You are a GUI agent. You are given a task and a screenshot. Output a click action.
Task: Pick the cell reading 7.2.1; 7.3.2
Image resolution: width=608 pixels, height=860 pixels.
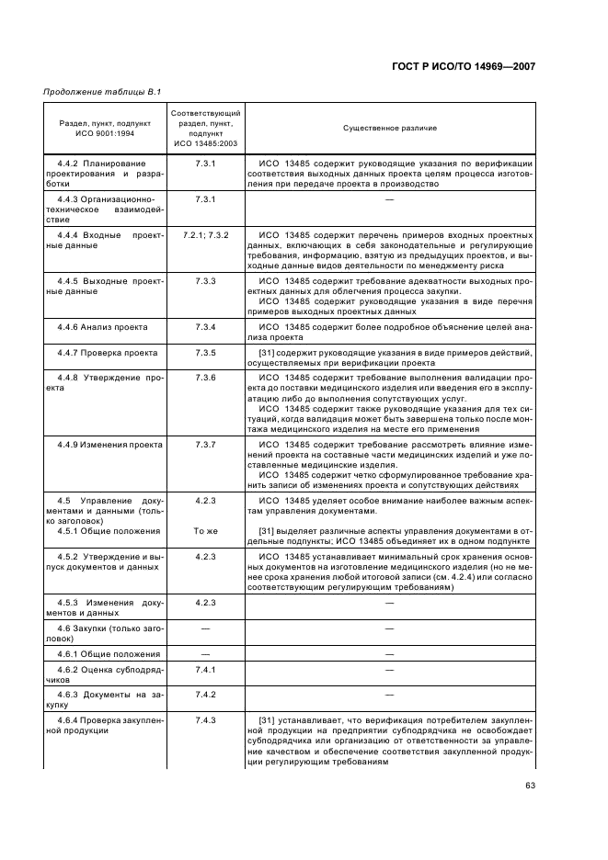click(205, 234)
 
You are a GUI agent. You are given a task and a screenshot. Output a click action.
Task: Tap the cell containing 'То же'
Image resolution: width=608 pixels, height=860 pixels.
click(205, 532)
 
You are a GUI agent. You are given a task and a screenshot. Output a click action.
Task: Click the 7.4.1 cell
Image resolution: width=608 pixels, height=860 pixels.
click(205, 670)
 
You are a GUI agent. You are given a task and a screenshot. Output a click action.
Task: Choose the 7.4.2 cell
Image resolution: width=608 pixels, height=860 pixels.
click(205, 695)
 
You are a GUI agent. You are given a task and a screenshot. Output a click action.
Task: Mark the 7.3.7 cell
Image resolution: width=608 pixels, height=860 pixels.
click(205, 444)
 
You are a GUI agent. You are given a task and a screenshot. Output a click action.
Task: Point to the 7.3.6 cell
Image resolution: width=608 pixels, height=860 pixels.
click(205, 377)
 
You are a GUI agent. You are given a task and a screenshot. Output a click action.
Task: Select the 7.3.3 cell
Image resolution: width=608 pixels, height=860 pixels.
click(205, 279)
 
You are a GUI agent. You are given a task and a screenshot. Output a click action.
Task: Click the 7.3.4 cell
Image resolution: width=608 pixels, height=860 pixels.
click(205, 327)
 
